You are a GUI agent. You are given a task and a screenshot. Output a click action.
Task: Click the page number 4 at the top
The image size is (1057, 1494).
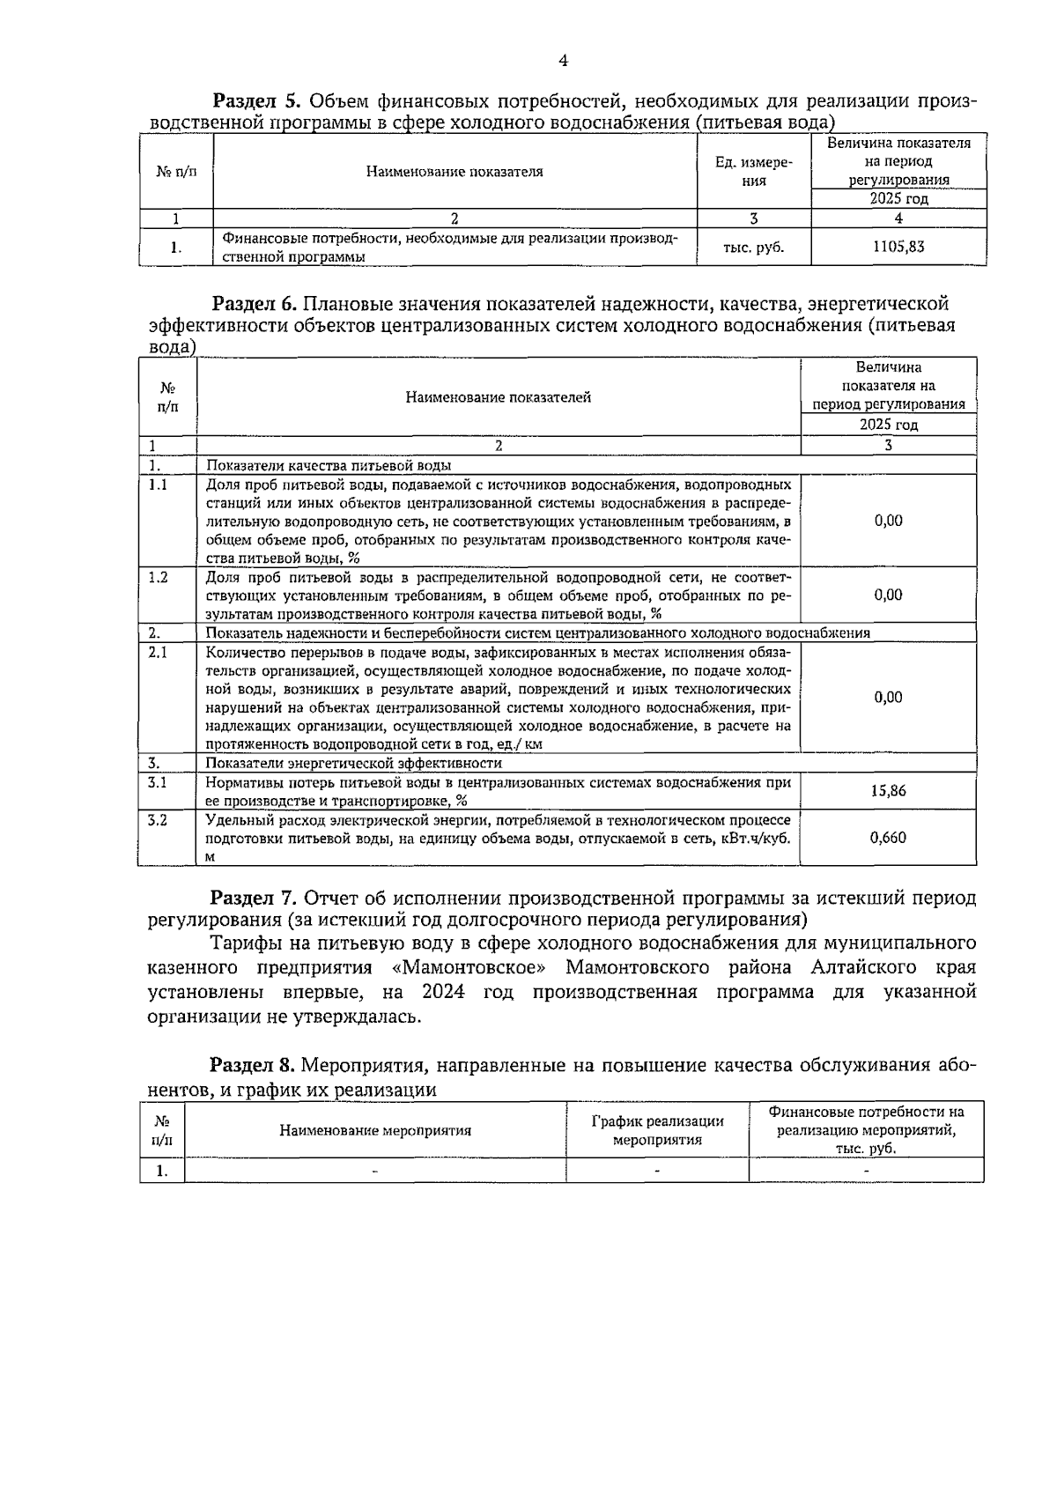coord(563,61)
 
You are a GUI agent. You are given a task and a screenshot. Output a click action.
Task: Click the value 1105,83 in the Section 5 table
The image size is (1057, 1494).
coord(898,248)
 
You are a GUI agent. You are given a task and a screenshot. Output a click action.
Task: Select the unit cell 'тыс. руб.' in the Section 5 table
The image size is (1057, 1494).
coord(753,248)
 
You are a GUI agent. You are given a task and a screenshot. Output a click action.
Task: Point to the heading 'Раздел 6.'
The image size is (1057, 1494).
coord(256,304)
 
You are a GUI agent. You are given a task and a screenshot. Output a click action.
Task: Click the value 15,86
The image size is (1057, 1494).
coord(888,790)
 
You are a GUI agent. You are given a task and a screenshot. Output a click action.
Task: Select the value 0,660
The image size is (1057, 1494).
coord(888,838)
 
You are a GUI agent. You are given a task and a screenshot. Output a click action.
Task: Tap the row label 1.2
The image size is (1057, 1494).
coord(159,577)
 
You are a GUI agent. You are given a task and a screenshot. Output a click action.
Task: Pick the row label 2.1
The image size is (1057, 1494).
coord(159,652)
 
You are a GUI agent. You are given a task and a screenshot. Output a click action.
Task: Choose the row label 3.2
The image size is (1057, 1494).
coord(159,820)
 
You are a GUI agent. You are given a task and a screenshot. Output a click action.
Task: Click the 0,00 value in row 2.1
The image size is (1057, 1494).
coord(888,697)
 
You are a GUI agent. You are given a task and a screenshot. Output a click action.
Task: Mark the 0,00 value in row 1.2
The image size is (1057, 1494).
coord(888,595)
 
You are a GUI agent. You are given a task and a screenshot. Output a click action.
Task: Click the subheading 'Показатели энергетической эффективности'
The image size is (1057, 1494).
coord(354,763)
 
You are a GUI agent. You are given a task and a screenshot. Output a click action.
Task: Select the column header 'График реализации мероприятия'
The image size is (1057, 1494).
coord(657,1130)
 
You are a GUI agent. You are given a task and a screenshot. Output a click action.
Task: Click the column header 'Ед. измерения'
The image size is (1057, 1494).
coord(753,172)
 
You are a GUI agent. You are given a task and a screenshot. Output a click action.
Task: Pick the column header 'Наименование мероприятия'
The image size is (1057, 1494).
coord(375,1130)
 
